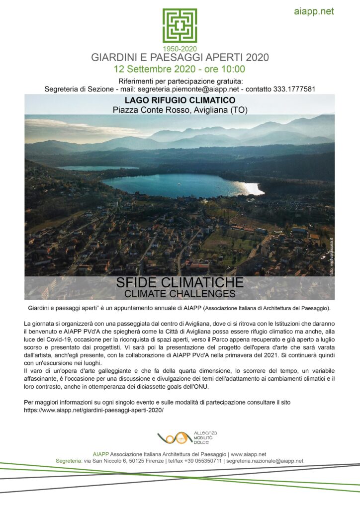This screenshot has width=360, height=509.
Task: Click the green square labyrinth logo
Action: (x=180, y=25)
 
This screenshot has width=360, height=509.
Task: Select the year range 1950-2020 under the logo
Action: (x=180, y=49)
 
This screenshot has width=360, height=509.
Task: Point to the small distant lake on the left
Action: (x=94, y=168)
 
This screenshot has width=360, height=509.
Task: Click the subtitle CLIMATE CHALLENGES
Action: (x=180, y=293)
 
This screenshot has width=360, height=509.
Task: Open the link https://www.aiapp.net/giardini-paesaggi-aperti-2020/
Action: (x=93, y=411)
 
